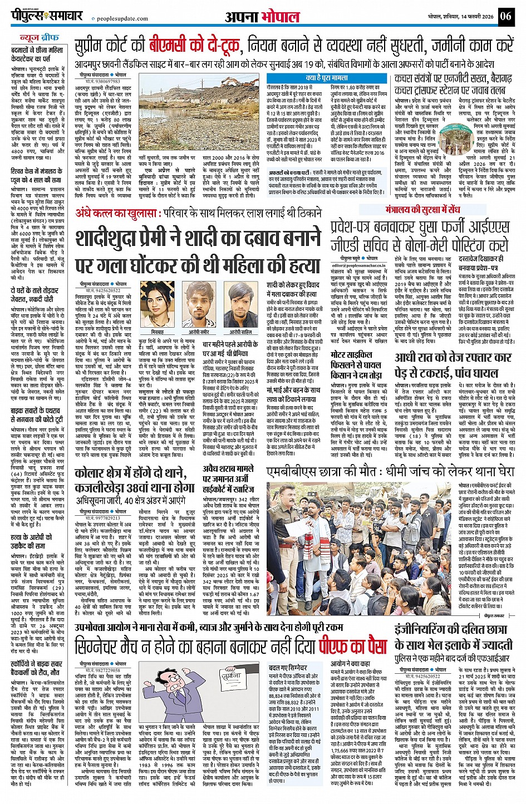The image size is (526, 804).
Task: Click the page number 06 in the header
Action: [x=506, y=16]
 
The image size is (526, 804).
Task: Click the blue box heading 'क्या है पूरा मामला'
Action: [x=327, y=78]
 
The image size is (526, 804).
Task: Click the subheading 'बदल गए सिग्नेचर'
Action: [x=287, y=667]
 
